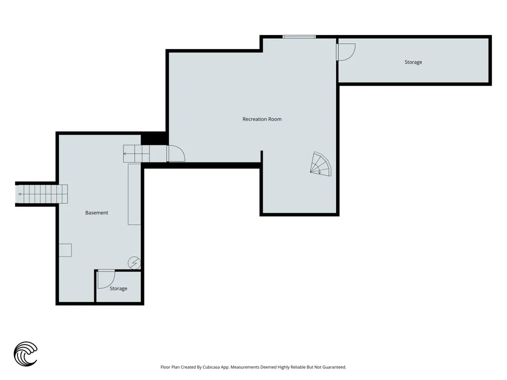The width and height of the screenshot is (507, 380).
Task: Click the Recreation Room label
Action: tap(262, 119)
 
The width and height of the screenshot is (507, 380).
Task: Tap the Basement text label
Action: tap(97, 213)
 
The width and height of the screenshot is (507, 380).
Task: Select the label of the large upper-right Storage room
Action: tap(413, 62)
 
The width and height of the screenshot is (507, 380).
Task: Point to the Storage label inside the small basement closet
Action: tap(118, 289)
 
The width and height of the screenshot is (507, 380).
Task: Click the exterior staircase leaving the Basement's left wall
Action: tap(42, 194)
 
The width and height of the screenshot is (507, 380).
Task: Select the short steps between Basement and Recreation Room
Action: tap(136, 154)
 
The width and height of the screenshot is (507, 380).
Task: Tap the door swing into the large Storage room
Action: tap(346, 52)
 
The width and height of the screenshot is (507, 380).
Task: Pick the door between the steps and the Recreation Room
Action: tap(176, 154)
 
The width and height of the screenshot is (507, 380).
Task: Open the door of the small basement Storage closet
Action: tap(106, 279)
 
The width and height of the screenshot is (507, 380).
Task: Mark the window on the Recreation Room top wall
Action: tap(299, 37)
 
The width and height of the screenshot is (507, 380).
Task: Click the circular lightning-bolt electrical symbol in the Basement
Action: tap(134, 263)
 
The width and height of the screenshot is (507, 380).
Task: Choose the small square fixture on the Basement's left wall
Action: tap(65, 250)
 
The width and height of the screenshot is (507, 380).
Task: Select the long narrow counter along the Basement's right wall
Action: tap(134, 194)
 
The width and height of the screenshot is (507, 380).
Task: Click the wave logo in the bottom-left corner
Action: tap(25, 354)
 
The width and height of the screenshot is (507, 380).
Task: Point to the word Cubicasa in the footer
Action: tap(211, 367)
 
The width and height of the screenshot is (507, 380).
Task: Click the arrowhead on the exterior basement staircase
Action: tap(20, 194)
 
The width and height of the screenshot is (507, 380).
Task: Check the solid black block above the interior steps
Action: tap(154, 138)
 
